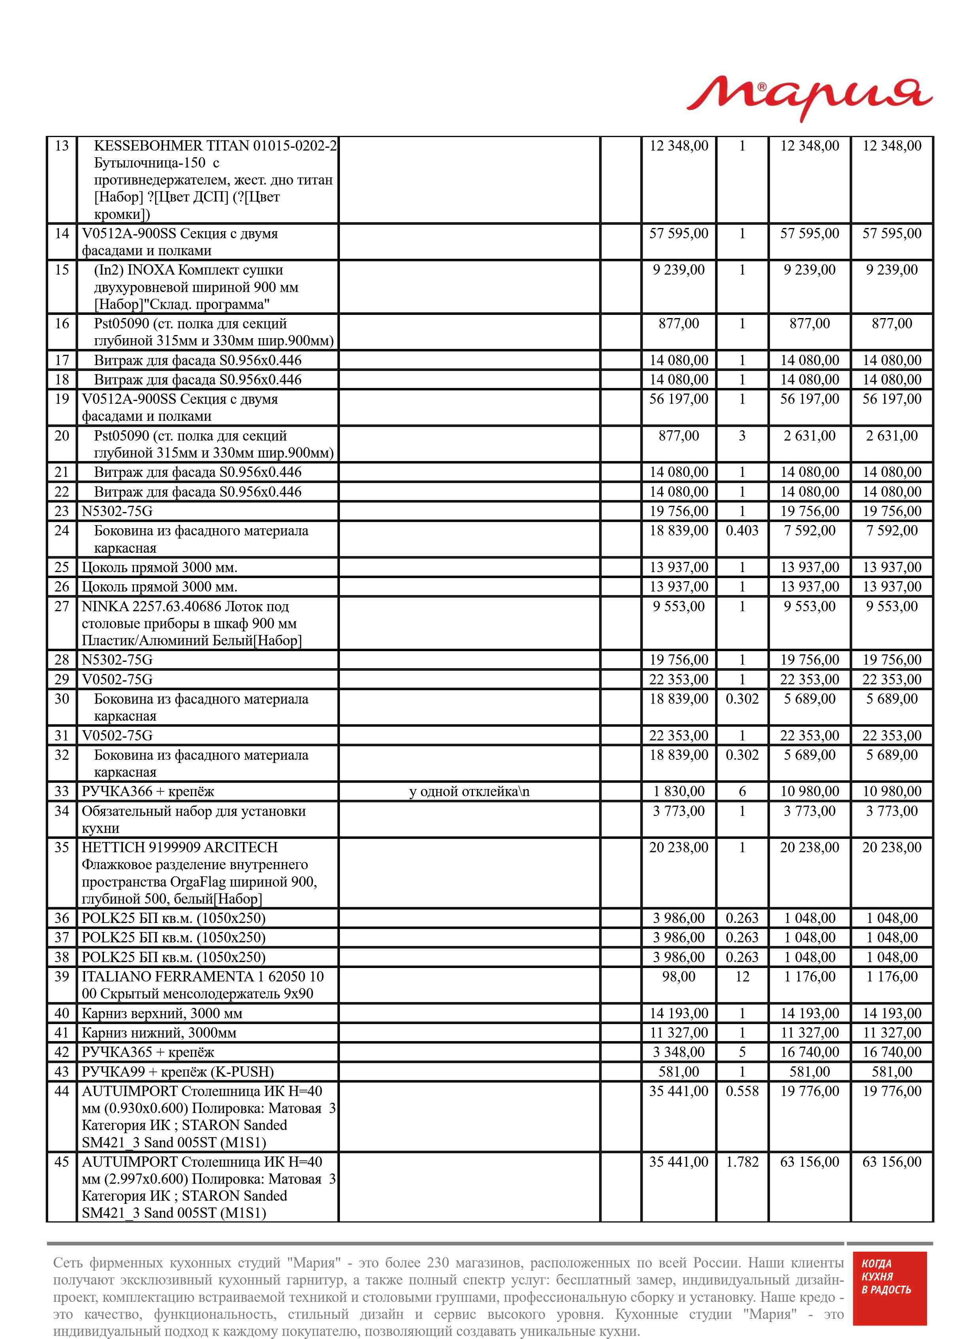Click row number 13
62,146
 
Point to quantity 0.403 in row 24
742,531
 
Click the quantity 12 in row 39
742,977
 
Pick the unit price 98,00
678,977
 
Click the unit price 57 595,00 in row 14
678,234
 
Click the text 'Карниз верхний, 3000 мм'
162,1013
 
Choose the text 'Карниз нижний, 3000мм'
159,1033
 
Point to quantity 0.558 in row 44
742,1091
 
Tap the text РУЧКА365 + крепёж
148,1053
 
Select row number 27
62,606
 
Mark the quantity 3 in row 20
742,436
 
